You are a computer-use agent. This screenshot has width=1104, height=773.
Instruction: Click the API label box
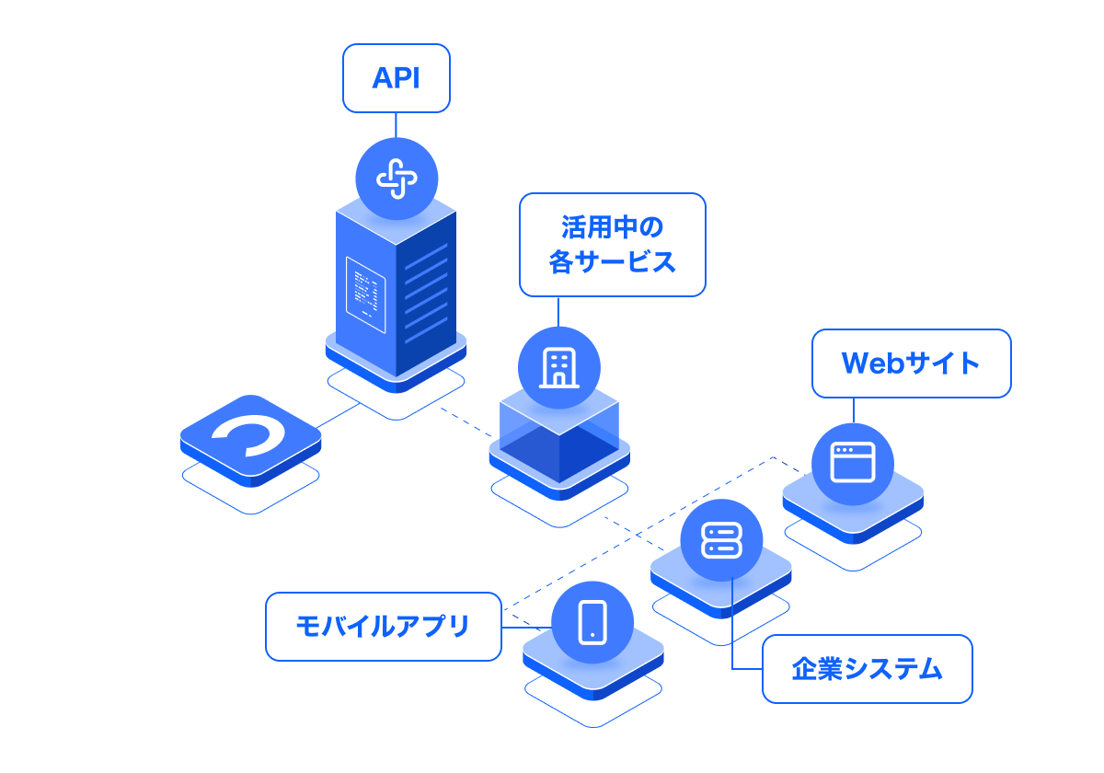pos(397,78)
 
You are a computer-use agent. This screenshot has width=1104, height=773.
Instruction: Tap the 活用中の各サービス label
pos(612,244)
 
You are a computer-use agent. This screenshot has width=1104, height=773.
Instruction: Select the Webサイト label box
pos(911,363)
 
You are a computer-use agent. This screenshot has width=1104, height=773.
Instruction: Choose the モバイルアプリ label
pos(383,627)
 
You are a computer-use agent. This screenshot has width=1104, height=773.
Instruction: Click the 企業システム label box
pos(867,669)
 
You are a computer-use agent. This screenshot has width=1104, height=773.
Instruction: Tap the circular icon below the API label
pos(397,179)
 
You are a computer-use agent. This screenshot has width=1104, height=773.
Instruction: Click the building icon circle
pos(558,367)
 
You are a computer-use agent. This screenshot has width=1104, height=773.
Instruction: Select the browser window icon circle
pos(853,464)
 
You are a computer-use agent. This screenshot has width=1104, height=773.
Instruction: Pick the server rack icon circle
pos(721,540)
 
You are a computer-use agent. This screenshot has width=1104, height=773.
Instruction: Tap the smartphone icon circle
pos(592,622)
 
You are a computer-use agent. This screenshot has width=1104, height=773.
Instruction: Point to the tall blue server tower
pos(396,285)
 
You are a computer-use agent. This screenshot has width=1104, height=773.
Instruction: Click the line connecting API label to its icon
pos(397,125)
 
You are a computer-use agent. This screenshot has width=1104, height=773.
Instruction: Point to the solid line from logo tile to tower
pos(339,415)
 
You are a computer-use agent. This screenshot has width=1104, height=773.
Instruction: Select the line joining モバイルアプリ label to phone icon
pos(526,627)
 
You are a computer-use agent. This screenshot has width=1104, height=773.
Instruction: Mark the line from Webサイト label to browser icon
pos(853,410)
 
